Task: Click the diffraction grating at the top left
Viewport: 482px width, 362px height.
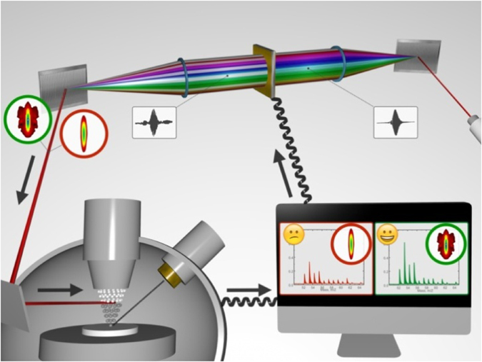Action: click(63, 80)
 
